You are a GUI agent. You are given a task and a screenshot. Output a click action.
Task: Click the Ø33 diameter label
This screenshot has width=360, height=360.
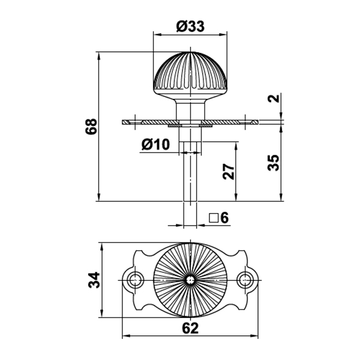pyautogui.click(x=190, y=26)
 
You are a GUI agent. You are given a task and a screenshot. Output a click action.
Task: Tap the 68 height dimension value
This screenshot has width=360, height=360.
pyautogui.click(x=91, y=126)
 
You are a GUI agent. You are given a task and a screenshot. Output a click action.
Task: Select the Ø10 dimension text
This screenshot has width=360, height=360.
pyautogui.click(x=155, y=144)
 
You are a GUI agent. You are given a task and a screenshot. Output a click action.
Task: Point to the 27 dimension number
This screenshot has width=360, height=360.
pyautogui.click(x=229, y=171)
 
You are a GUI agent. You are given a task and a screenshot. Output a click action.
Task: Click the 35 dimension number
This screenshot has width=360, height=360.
pyautogui.click(x=274, y=163)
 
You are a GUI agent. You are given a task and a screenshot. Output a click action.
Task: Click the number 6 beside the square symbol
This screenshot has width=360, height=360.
pyautogui.click(x=224, y=217)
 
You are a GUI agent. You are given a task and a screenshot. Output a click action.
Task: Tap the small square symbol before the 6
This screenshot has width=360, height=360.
pyautogui.click(x=214, y=218)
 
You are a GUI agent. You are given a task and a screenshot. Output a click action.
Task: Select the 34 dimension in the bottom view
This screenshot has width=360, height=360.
pyautogui.click(x=94, y=280)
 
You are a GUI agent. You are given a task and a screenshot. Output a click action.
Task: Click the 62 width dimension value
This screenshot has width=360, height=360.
pyautogui.click(x=190, y=328)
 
